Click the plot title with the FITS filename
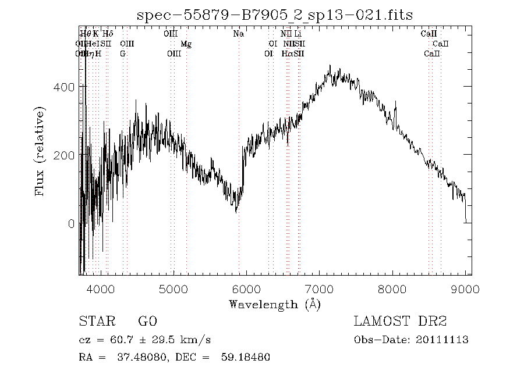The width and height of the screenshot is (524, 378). (275, 15)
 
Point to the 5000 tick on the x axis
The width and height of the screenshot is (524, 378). (174, 289)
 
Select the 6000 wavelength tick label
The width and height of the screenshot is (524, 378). (246, 289)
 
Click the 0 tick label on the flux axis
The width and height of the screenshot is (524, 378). (71, 224)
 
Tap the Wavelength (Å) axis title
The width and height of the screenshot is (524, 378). (275, 304)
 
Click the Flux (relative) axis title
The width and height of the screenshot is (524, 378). (40, 151)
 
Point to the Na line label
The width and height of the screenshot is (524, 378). (238, 34)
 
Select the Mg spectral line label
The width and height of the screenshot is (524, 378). (186, 44)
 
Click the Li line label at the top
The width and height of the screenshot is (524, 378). (298, 34)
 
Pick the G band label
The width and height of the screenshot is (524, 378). (123, 54)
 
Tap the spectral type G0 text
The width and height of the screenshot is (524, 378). (147, 321)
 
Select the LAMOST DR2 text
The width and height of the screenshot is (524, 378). (400, 321)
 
